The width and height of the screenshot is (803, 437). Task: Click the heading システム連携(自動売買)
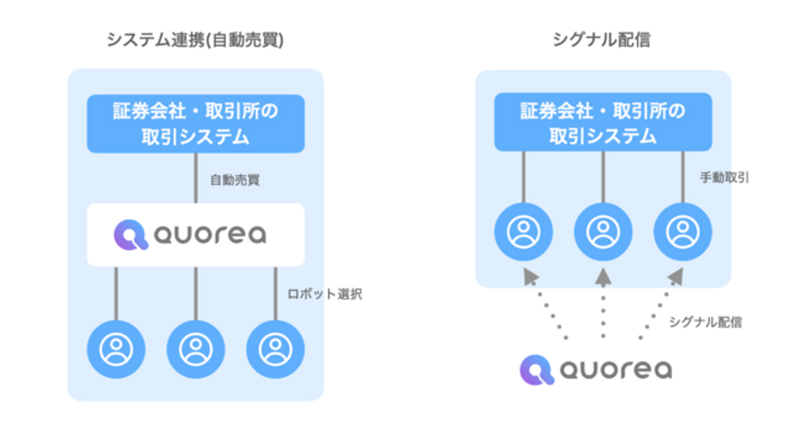(x=195, y=40)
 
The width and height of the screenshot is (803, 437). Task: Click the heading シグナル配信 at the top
(x=601, y=40)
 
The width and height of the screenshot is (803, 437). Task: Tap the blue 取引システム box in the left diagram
(x=196, y=123)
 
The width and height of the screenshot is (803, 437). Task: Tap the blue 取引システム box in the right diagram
(x=603, y=122)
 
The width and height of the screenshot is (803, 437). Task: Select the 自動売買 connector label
(x=235, y=180)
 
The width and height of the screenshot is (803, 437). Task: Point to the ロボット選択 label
(x=325, y=294)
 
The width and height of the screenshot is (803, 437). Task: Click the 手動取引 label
(x=724, y=178)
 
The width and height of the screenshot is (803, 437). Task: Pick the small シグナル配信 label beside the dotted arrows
(x=705, y=322)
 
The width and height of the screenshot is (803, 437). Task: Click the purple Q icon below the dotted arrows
(x=537, y=370)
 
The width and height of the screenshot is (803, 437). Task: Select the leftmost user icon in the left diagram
(x=116, y=350)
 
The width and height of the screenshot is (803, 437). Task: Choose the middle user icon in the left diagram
(x=196, y=350)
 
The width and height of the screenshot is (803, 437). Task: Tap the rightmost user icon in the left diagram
(x=275, y=350)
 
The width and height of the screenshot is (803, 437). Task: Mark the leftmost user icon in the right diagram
(x=523, y=232)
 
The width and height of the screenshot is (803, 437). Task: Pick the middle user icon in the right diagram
(x=603, y=232)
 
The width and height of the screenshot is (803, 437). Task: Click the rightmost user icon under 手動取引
(x=683, y=232)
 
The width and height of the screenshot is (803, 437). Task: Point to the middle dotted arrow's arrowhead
(x=603, y=277)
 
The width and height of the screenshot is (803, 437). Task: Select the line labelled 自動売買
(x=196, y=178)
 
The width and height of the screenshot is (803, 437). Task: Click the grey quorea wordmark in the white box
(x=210, y=235)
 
